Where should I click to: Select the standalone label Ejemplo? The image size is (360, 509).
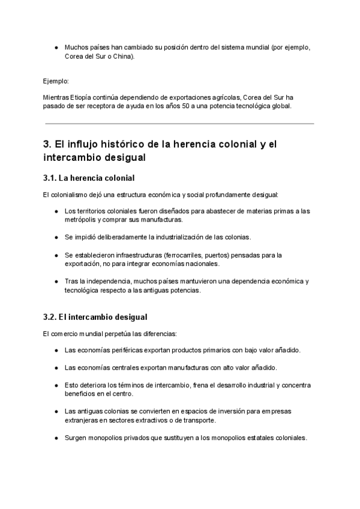(56, 80)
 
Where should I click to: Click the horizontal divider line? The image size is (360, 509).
(180, 124)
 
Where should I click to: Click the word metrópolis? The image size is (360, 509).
(82, 220)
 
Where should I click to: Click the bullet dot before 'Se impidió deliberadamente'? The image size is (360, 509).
(56, 237)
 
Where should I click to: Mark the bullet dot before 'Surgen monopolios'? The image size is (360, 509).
(56, 438)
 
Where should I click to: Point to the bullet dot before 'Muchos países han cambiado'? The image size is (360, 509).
(56, 47)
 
